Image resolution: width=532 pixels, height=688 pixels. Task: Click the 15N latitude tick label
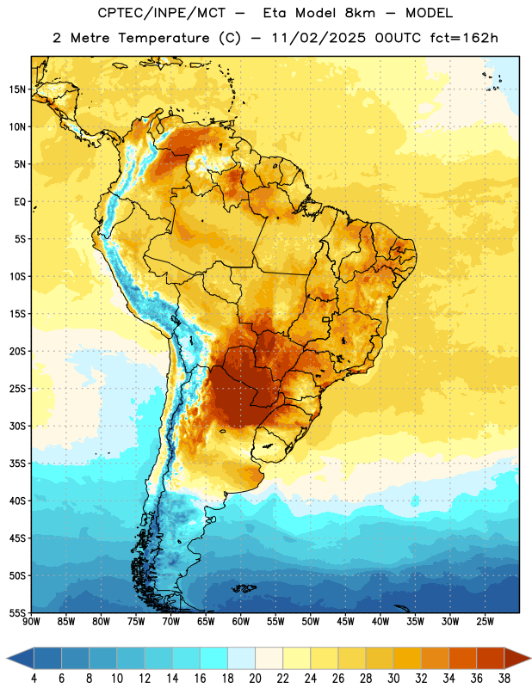tap(17, 89)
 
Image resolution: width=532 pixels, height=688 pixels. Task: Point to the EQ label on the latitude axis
tap(20, 202)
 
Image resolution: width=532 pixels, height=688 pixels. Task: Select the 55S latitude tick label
tap(17, 612)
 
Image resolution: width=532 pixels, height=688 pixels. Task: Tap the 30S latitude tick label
tap(17, 426)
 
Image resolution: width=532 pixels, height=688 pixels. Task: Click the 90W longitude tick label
tap(31, 622)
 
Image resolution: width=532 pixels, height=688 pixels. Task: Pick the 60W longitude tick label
tap(241, 622)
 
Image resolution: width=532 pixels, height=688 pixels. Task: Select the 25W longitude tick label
tap(485, 622)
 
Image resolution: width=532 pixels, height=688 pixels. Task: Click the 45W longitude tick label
tap(345, 622)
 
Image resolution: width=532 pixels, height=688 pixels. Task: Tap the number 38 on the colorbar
tap(504, 679)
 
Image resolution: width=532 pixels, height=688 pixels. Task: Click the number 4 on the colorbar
tap(34, 679)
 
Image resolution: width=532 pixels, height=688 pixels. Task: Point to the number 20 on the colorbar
tap(255, 679)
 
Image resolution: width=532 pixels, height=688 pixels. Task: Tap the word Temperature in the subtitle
tap(164, 38)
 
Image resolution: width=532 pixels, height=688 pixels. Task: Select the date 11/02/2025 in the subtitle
tap(319, 38)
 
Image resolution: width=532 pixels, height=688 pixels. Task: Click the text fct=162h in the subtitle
tap(464, 38)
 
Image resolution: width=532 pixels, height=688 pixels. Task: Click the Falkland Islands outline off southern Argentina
tap(244, 588)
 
